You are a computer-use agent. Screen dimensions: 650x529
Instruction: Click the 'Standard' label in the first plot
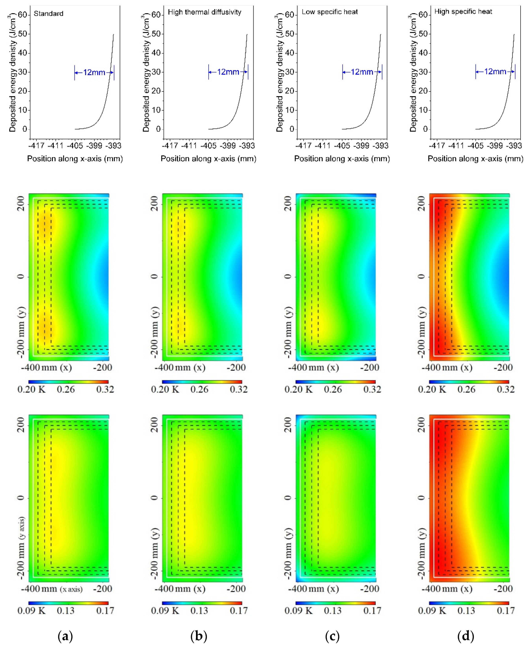[x=48, y=14]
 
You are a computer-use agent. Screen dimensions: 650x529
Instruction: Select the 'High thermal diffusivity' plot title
[x=204, y=12]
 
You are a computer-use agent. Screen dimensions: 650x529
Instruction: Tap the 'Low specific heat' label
[x=330, y=12]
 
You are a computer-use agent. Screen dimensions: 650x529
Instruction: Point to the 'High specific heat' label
[x=463, y=12]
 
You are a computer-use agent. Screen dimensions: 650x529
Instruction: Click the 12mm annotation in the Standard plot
[x=94, y=72]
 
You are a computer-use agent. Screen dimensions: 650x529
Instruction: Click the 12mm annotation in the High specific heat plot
[x=495, y=72]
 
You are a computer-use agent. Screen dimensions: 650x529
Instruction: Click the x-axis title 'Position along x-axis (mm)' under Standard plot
[x=75, y=159]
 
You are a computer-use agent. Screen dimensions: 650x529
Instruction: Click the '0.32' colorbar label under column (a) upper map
[x=105, y=389]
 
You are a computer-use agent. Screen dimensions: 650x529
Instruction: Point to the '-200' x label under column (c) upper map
[x=370, y=367]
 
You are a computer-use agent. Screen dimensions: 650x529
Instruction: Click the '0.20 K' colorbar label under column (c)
[x=299, y=389]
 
